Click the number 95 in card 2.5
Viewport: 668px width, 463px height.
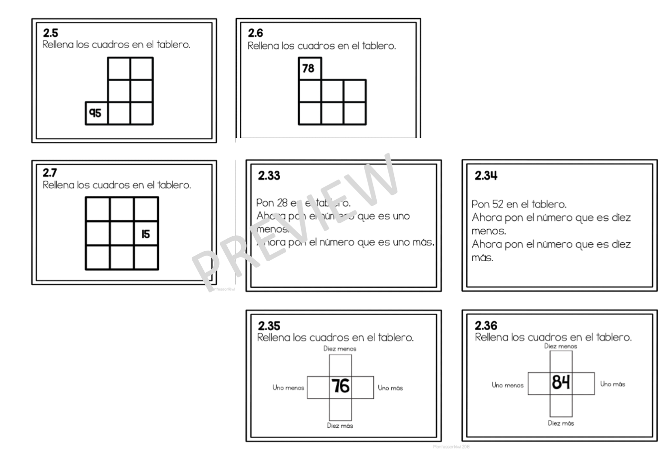[x=95, y=113]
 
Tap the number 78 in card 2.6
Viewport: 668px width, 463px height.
[x=308, y=68]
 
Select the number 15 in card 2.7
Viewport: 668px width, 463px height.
[x=145, y=234]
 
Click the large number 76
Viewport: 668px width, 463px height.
[x=340, y=386]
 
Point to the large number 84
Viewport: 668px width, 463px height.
[x=561, y=382]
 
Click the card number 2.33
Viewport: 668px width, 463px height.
[x=269, y=175]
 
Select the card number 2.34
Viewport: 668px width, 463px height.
[x=486, y=175]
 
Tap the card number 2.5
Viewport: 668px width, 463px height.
[x=50, y=33]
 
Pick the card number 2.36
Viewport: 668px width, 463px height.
[x=486, y=325]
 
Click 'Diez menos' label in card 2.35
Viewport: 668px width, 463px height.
[x=340, y=349]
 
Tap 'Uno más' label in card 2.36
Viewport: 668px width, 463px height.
[x=613, y=384]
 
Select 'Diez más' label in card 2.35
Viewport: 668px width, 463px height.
[x=340, y=426]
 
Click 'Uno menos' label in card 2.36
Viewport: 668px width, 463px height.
[x=508, y=385]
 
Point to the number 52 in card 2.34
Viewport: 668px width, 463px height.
[x=499, y=204]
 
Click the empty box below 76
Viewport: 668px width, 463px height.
[x=340, y=409]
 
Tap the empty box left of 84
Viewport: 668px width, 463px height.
[x=539, y=383]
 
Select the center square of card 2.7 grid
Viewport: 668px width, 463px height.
[x=122, y=234]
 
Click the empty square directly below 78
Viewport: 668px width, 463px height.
[x=310, y=91]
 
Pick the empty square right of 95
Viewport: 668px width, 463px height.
[x=119, y=113]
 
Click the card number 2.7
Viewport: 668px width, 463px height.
[x=49, y=173]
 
